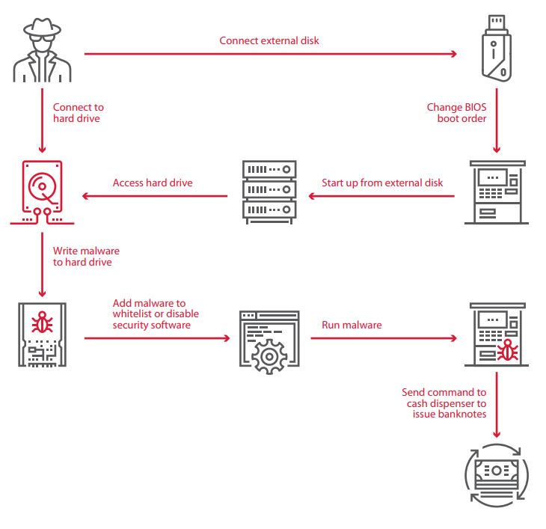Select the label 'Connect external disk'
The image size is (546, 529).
click(x=269, y=40)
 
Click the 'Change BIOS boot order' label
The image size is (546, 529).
click(x=456, y=112)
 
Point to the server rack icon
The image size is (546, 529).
click(x=269, y=192)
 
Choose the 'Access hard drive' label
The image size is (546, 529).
click(x=153, y=183)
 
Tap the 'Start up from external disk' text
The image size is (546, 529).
click(x=382, y=183)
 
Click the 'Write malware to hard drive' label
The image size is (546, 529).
click(x=86, y=256)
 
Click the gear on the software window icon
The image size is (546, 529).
click(x=268, y=355)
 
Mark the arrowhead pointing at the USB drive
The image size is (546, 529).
click(x=453, y=54)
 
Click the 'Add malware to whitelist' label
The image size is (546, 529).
click(x=156, y=314)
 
